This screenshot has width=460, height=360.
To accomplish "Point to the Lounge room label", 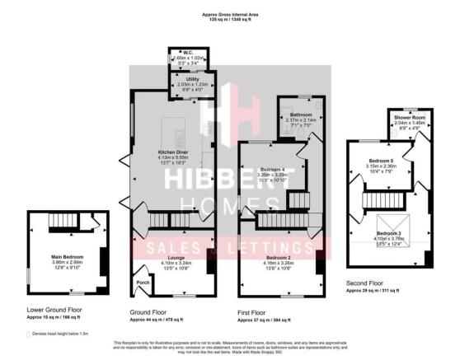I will pyautogui.click(x=170, y=258).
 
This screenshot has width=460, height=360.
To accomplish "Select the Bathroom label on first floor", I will pyautogui.click(x=300, y=115).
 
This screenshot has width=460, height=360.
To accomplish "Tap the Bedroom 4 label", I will pyautogui.click(x=273, y=169).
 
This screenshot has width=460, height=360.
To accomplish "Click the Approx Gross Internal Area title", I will pyautogui.click(x=229, y=13).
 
